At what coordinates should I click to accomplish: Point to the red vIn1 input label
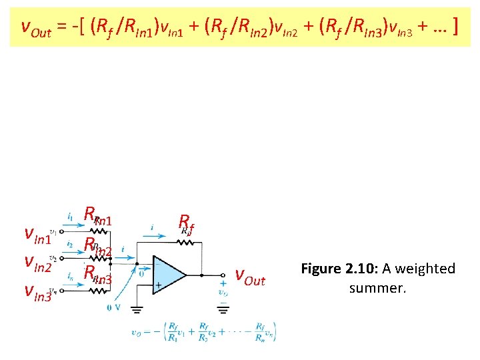click(x=39, y=235)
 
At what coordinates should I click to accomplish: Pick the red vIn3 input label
click(x=39, y=291)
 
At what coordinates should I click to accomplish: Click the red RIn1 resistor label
click(x=97, y=216)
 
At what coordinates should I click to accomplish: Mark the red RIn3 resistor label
click(x=97, y=273)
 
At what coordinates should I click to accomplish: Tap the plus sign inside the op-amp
click(x=158, y=284)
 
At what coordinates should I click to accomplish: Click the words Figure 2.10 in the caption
click(x=336, y=269)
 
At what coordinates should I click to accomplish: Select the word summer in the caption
click(x=377, y=289)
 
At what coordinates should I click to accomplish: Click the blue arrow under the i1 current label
click(x=72, y=226)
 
